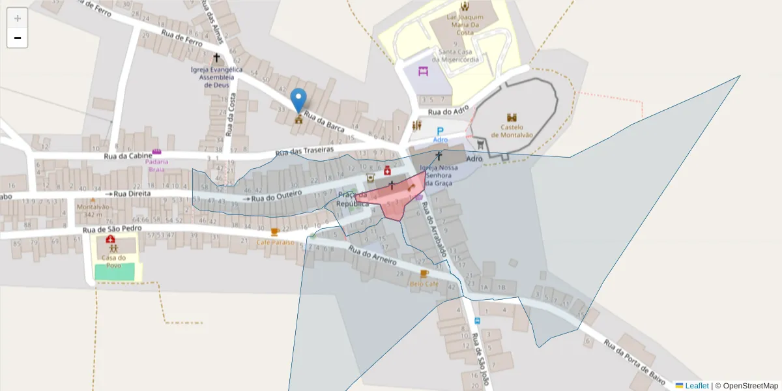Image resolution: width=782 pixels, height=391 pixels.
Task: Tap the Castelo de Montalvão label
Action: tap(512, 131)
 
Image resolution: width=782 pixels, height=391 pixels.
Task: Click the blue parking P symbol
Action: tap(440, 131)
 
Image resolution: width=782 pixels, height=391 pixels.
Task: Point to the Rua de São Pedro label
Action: tap(109, 230)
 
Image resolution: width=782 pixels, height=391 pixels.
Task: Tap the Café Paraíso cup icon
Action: tap(275, 232)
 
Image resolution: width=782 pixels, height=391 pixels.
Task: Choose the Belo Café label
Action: tap(424, 284)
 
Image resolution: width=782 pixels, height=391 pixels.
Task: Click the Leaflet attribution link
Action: tap(696, 386)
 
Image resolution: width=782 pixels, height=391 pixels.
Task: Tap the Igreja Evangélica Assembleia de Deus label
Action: tap(216, 77)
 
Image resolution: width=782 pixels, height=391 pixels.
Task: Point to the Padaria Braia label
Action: tap(156, 166)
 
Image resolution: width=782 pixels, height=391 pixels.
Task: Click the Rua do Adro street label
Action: tap(448, 112)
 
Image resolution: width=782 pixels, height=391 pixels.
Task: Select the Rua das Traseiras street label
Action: tap(304, 151)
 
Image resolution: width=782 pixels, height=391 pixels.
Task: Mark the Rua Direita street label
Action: tap(132, 194)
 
